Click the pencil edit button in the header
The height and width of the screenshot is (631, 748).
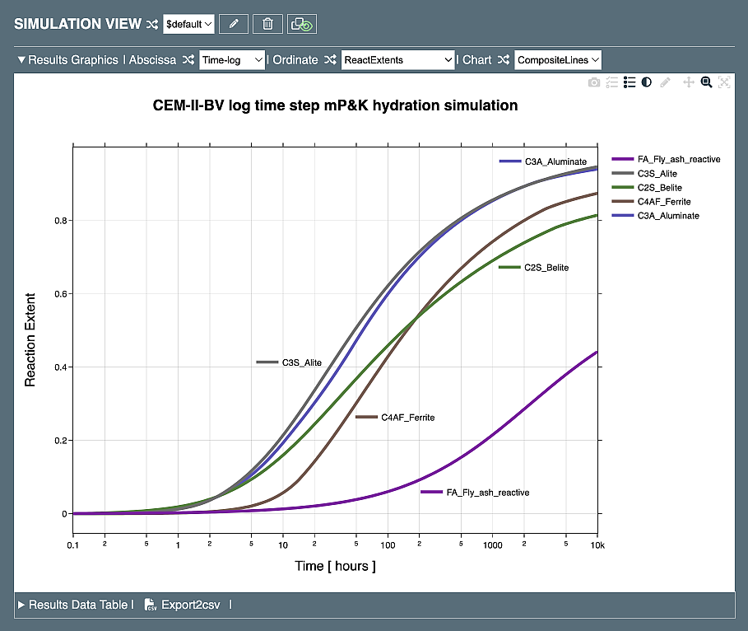point(234,24)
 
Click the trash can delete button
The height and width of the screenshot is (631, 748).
point(267,24)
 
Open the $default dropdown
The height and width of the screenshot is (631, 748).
point(188,24)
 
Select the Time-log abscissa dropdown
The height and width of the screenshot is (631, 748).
point(232,60)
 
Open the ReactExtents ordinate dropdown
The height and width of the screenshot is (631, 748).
point(397,60)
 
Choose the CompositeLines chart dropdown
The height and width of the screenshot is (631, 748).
point(558,60)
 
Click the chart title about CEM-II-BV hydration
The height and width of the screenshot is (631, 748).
point(336,105)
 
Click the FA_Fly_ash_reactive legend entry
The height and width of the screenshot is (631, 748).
point(679,159)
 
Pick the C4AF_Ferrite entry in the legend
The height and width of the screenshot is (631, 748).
point(663,202)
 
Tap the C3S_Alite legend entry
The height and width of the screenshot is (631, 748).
point(657,174)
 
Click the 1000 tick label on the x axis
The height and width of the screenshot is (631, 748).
point(492,545)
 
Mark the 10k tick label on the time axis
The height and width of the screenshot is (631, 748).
point(597,545)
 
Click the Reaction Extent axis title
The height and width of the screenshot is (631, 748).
point(30,339)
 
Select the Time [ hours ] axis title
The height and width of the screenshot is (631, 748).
point(335,566)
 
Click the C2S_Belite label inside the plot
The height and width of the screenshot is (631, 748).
point(546,268)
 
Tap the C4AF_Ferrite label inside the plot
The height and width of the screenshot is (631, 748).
point(407,418)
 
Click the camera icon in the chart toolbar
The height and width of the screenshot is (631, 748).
point(593,82)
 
